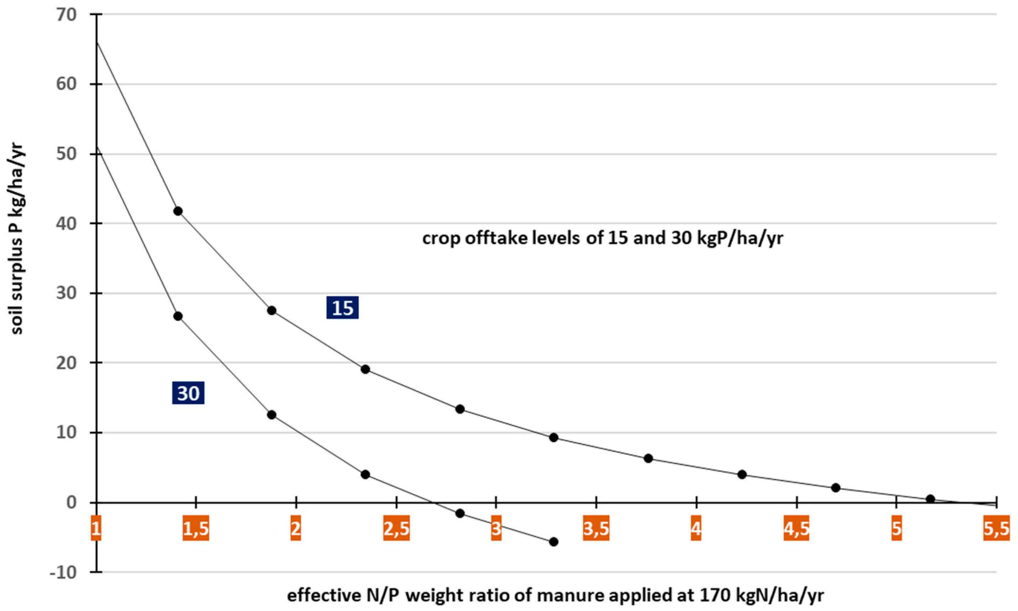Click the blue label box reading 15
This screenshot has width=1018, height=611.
(x=342, y=307)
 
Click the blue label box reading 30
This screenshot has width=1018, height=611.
(x=188, y=393)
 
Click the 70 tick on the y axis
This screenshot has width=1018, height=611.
(x=69, y=15)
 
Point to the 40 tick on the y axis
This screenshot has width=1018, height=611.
(x=69, y=223)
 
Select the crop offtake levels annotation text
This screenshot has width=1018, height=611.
(x=603, y=238)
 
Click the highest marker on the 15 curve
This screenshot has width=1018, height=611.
(x=178, y=211)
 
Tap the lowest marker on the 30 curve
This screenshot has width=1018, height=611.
(x=554, y=542)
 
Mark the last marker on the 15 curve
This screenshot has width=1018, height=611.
(x=931, y=499)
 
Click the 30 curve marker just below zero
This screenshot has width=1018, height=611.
(x=460, y=513)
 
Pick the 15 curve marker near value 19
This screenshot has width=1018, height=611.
(x=365, y=369)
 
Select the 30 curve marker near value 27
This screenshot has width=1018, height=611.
(x=178, y=316)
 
